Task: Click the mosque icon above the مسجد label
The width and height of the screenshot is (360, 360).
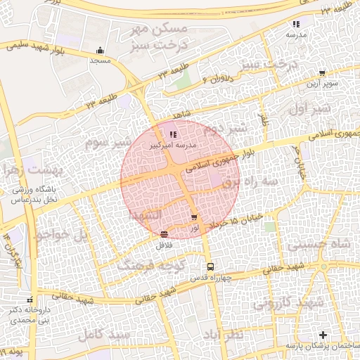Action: (100, 51)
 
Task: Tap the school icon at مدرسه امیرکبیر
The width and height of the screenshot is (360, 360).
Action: (173, 134)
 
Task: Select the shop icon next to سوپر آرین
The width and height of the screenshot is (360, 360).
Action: (322, 73)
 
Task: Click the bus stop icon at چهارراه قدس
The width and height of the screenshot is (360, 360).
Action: (210, 266)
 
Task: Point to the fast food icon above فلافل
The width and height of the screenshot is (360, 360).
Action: (164, 234)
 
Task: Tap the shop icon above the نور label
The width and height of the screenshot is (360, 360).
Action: (195, 218)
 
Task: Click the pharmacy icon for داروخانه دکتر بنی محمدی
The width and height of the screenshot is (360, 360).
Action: (29, 300)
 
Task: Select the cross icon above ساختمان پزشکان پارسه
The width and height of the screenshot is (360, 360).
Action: (323, 335)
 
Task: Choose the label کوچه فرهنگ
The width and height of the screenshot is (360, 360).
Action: (146, 266)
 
